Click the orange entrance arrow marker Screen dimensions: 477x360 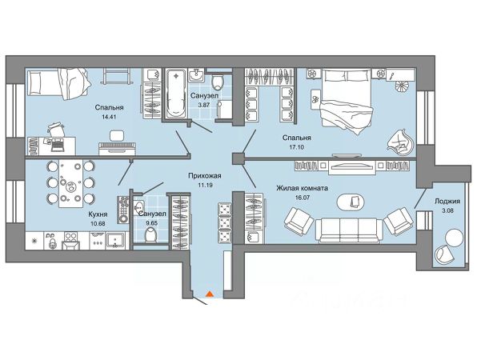pyautogui.click(x=209, y=294)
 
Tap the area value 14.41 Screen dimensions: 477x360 pyautogui.click(x=109, y=117)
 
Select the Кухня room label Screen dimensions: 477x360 pyautogui.click(x=98, y=214)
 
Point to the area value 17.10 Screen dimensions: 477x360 pyautogui.click(x=297, y=147)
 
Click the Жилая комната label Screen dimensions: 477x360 pyautogui.click(x=302, y=188)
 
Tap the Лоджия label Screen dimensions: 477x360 pyautogui.click(x=447, y=202)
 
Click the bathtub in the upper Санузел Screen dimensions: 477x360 pyautogui.click(x=176, y=93)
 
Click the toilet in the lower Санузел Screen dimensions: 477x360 pyautogui.click(x=151, y=235)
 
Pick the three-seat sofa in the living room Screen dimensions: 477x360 pyautogui.click(x=349, y=230)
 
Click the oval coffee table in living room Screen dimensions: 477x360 pyautogui.click(x=351, y=202)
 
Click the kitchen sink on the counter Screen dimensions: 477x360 pyautogui.click(x=115, y=240)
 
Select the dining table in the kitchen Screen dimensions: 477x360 pyautogui.click(x=71, y=184)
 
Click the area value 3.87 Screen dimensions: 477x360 pyautogui.click(x=204, y=106)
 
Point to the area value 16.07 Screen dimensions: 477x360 pyautogui.click(x=302, y=198)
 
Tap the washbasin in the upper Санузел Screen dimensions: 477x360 pyautogui.click(x=197, y=74)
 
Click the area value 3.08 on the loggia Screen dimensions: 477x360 pyautogui.click(x=447, y=210)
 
